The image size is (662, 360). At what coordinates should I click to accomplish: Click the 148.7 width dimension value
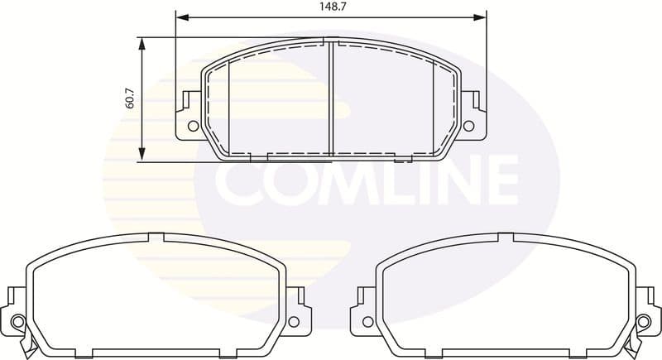click(331, 7)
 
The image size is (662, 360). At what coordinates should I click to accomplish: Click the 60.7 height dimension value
click(130, 99)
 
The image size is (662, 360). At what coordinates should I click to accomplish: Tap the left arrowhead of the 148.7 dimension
click(181, 17)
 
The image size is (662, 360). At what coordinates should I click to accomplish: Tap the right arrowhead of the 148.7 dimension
click(480, 17)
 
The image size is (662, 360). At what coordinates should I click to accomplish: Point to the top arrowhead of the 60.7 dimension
click(142, 43)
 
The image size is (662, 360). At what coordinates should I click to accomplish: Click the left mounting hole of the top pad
click(193, 126)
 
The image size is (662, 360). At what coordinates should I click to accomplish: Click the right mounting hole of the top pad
click(468, 126)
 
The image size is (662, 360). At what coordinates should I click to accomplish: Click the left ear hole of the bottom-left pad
click(18, 321)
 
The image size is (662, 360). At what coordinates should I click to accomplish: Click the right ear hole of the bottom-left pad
click(295, 321)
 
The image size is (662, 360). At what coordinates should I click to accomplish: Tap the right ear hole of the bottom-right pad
click(645, 321)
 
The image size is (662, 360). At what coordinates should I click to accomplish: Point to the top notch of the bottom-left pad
click(156, 238)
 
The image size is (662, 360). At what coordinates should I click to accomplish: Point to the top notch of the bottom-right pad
click(506, 238)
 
